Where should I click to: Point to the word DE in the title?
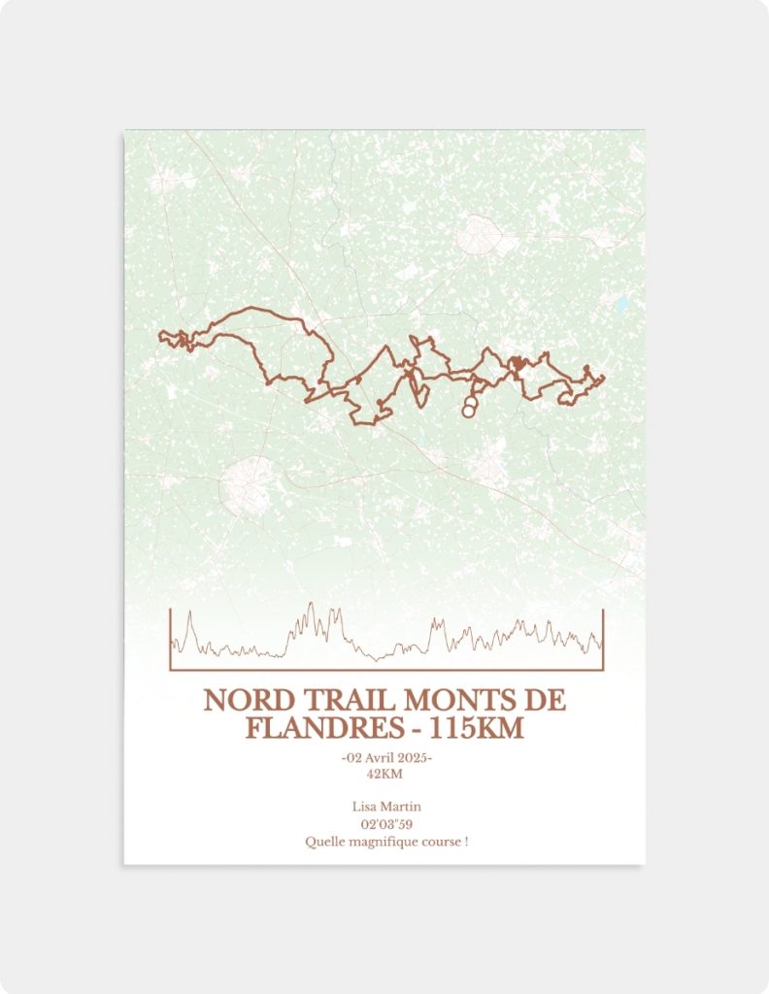tap(548, 701)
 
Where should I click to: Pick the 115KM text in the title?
tap(477, 728)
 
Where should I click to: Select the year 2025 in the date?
tap(413, 757)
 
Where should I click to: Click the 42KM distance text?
tap(384, 774)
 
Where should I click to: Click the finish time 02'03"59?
tap(384, 824)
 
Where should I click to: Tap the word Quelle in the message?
tap(322, 842)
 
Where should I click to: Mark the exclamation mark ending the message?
tap(466, 842)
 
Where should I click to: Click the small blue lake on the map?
tap(621, 308)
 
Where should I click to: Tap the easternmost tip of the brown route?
tap(604, 378)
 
